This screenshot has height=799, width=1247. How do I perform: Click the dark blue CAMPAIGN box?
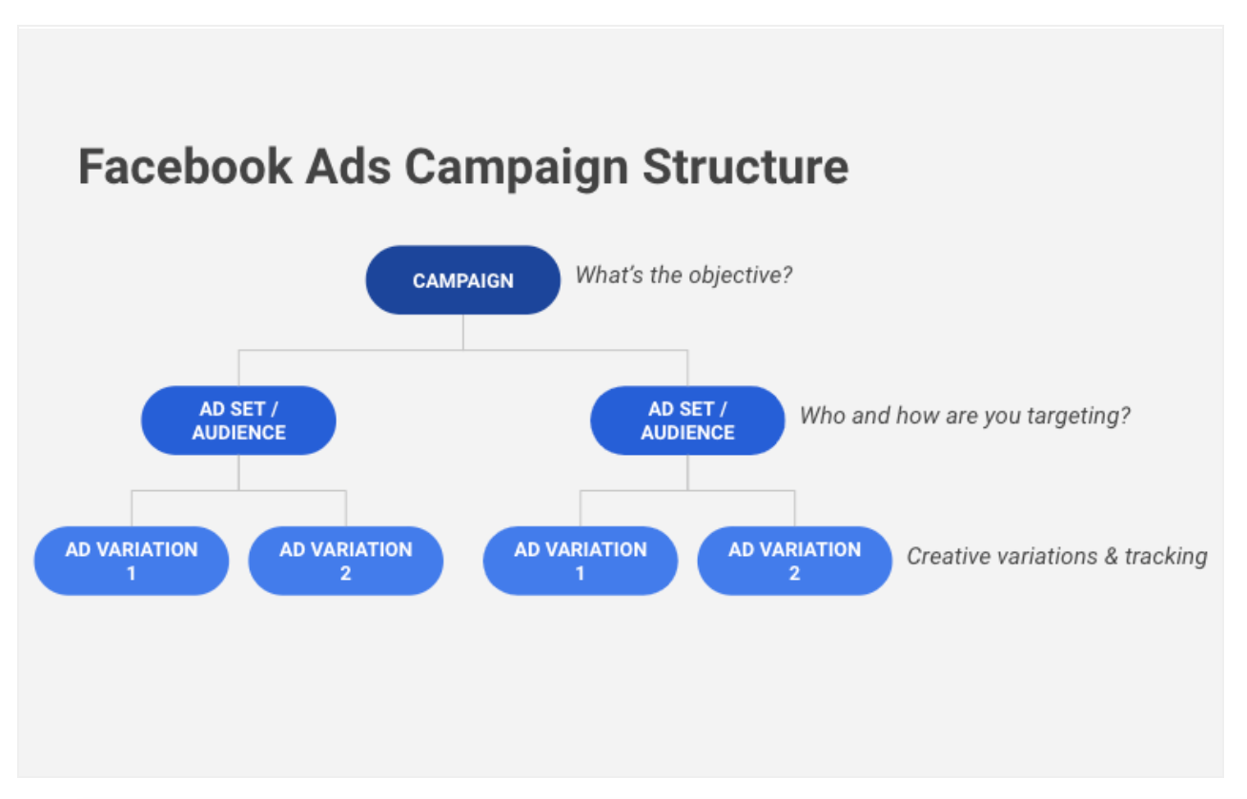463,280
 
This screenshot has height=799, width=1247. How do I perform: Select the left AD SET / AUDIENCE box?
238,420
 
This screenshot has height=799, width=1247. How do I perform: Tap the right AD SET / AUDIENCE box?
687,420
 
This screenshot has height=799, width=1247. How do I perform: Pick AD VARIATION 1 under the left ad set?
132,561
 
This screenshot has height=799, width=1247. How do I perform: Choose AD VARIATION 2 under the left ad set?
346,561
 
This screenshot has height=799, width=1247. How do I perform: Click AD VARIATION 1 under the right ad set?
581,561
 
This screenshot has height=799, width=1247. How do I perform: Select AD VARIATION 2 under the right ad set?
794,561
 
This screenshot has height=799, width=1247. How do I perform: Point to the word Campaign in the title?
516,168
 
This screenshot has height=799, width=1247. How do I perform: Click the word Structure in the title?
746,166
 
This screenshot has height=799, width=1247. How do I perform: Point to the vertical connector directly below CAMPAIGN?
463,332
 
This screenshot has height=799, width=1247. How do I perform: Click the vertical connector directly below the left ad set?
238,472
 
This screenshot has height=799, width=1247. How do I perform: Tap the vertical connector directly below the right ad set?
687,472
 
